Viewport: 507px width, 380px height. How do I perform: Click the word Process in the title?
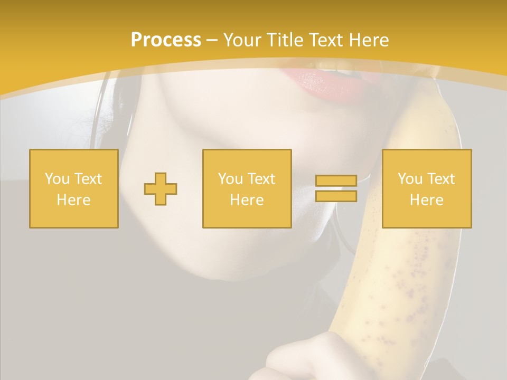click(166, 40)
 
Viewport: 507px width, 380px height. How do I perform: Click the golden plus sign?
click(161, 189)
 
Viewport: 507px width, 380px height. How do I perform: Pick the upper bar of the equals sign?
click(336, 180)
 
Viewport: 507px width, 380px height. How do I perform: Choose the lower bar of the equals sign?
click(336, 196)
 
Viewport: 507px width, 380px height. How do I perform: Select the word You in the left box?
click(57, 179)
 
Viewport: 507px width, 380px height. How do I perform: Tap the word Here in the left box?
click(73, 200)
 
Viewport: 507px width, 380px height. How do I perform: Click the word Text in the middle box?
click(261, 179)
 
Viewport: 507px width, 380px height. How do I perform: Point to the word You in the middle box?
click(230, 179)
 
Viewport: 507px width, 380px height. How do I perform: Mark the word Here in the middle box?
click(247, 200)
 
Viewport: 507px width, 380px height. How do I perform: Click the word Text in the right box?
click(441, 179)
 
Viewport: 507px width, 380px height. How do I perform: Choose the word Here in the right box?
click(426, 200)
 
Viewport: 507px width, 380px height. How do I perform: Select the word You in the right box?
click(410, 179)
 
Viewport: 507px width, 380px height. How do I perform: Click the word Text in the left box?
click(88, 179)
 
